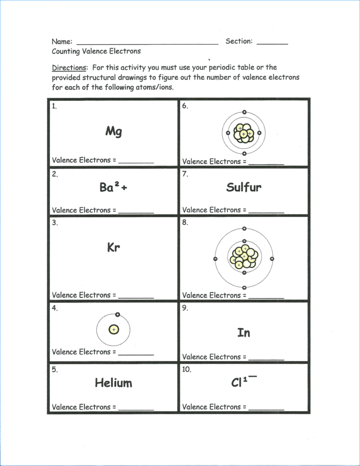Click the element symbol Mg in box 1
pos(113,131)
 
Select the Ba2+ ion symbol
pos(113,188)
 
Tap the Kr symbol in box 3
pos(113,248)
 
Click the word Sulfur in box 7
pos(244,187)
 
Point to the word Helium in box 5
pos(113,383)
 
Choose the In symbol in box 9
pos(244,332)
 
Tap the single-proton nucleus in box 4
pos(113,330)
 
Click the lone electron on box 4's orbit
pos(118,315)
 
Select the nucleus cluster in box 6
pos(243,133)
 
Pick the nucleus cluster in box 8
pos(244,258)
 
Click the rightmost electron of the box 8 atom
pos(272,258)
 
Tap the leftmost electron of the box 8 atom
pos(215,259)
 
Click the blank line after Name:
pos(147,43)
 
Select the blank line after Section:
pos(272,43)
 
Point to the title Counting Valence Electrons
pos(96,51)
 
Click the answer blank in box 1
pos(136,162)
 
